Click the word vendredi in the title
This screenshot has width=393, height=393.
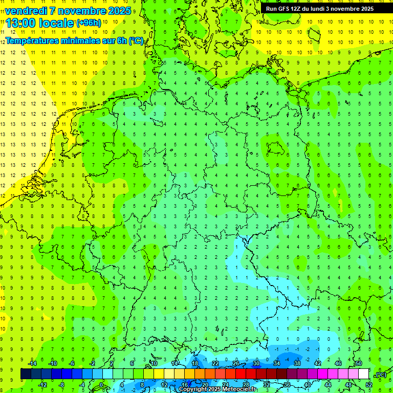[x=26, y=11]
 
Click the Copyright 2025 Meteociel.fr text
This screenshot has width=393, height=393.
[x=217, y=389]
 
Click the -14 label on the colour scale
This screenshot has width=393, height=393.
[x=32, y=363]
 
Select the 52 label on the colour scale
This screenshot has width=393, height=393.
[x=368, y=385]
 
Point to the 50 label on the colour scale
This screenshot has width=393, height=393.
[x=358, y=363]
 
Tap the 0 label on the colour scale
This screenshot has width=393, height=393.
[x=101, y=385]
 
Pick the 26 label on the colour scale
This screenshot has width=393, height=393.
[x=236, y=363]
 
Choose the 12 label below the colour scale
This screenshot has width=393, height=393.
[x=164, y=385]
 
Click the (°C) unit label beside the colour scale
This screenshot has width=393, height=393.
[x=380, y=375]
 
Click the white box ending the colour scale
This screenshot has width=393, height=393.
[x=364, y=374]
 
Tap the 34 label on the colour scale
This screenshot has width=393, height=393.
[x=277, y=363]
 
